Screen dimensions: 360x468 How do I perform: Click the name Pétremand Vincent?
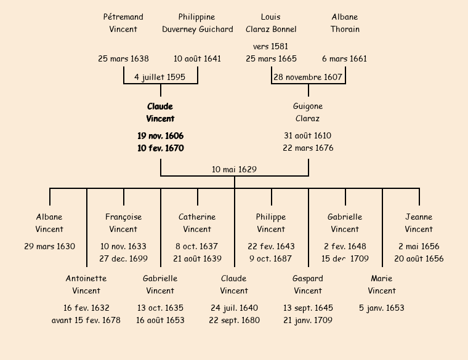123,23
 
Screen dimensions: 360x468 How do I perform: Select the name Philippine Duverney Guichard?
197,23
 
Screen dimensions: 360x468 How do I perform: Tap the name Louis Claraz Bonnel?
271,23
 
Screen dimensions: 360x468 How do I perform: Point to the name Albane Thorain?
345,23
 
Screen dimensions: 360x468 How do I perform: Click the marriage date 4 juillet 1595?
159,77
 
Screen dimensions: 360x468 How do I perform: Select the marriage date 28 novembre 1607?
307,77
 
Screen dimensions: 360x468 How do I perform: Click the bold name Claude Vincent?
160,113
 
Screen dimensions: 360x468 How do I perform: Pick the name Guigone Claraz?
308,113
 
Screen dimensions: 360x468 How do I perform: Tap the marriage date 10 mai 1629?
234,169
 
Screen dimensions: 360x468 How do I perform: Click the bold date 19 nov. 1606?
160,135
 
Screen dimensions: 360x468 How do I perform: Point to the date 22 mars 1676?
308,148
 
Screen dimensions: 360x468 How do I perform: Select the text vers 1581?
270,46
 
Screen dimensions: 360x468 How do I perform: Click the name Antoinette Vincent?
86,284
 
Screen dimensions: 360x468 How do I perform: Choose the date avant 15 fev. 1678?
86,320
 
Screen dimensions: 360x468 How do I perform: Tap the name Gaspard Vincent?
308,284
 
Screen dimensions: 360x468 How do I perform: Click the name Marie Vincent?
382,284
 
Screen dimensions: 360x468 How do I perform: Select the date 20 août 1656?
419,258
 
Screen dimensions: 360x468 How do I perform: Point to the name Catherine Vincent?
197,223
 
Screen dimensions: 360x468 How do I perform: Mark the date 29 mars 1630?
49,246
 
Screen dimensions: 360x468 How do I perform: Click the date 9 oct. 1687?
271,258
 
